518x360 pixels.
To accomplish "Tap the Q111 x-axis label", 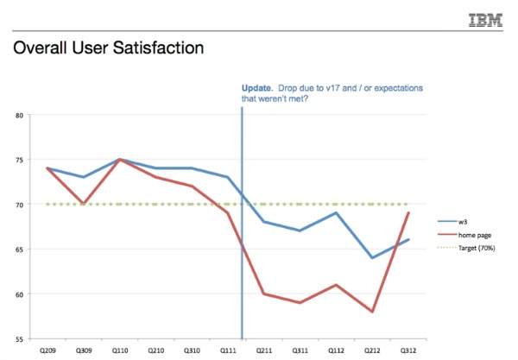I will [x=228, y=351].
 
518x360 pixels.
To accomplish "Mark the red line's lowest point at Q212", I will [x=371, y=312].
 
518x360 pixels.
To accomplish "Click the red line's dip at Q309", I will [x=83, y=204].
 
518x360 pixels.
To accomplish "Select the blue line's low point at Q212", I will [x=371, y=257].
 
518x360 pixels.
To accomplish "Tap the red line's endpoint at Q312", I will [x=407, y=212].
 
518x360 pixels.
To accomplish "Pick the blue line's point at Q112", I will [x=335, y=212].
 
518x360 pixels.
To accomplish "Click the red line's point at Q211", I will [x=263, y=294].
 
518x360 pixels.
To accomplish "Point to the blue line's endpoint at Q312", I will [x=407, y=240].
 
